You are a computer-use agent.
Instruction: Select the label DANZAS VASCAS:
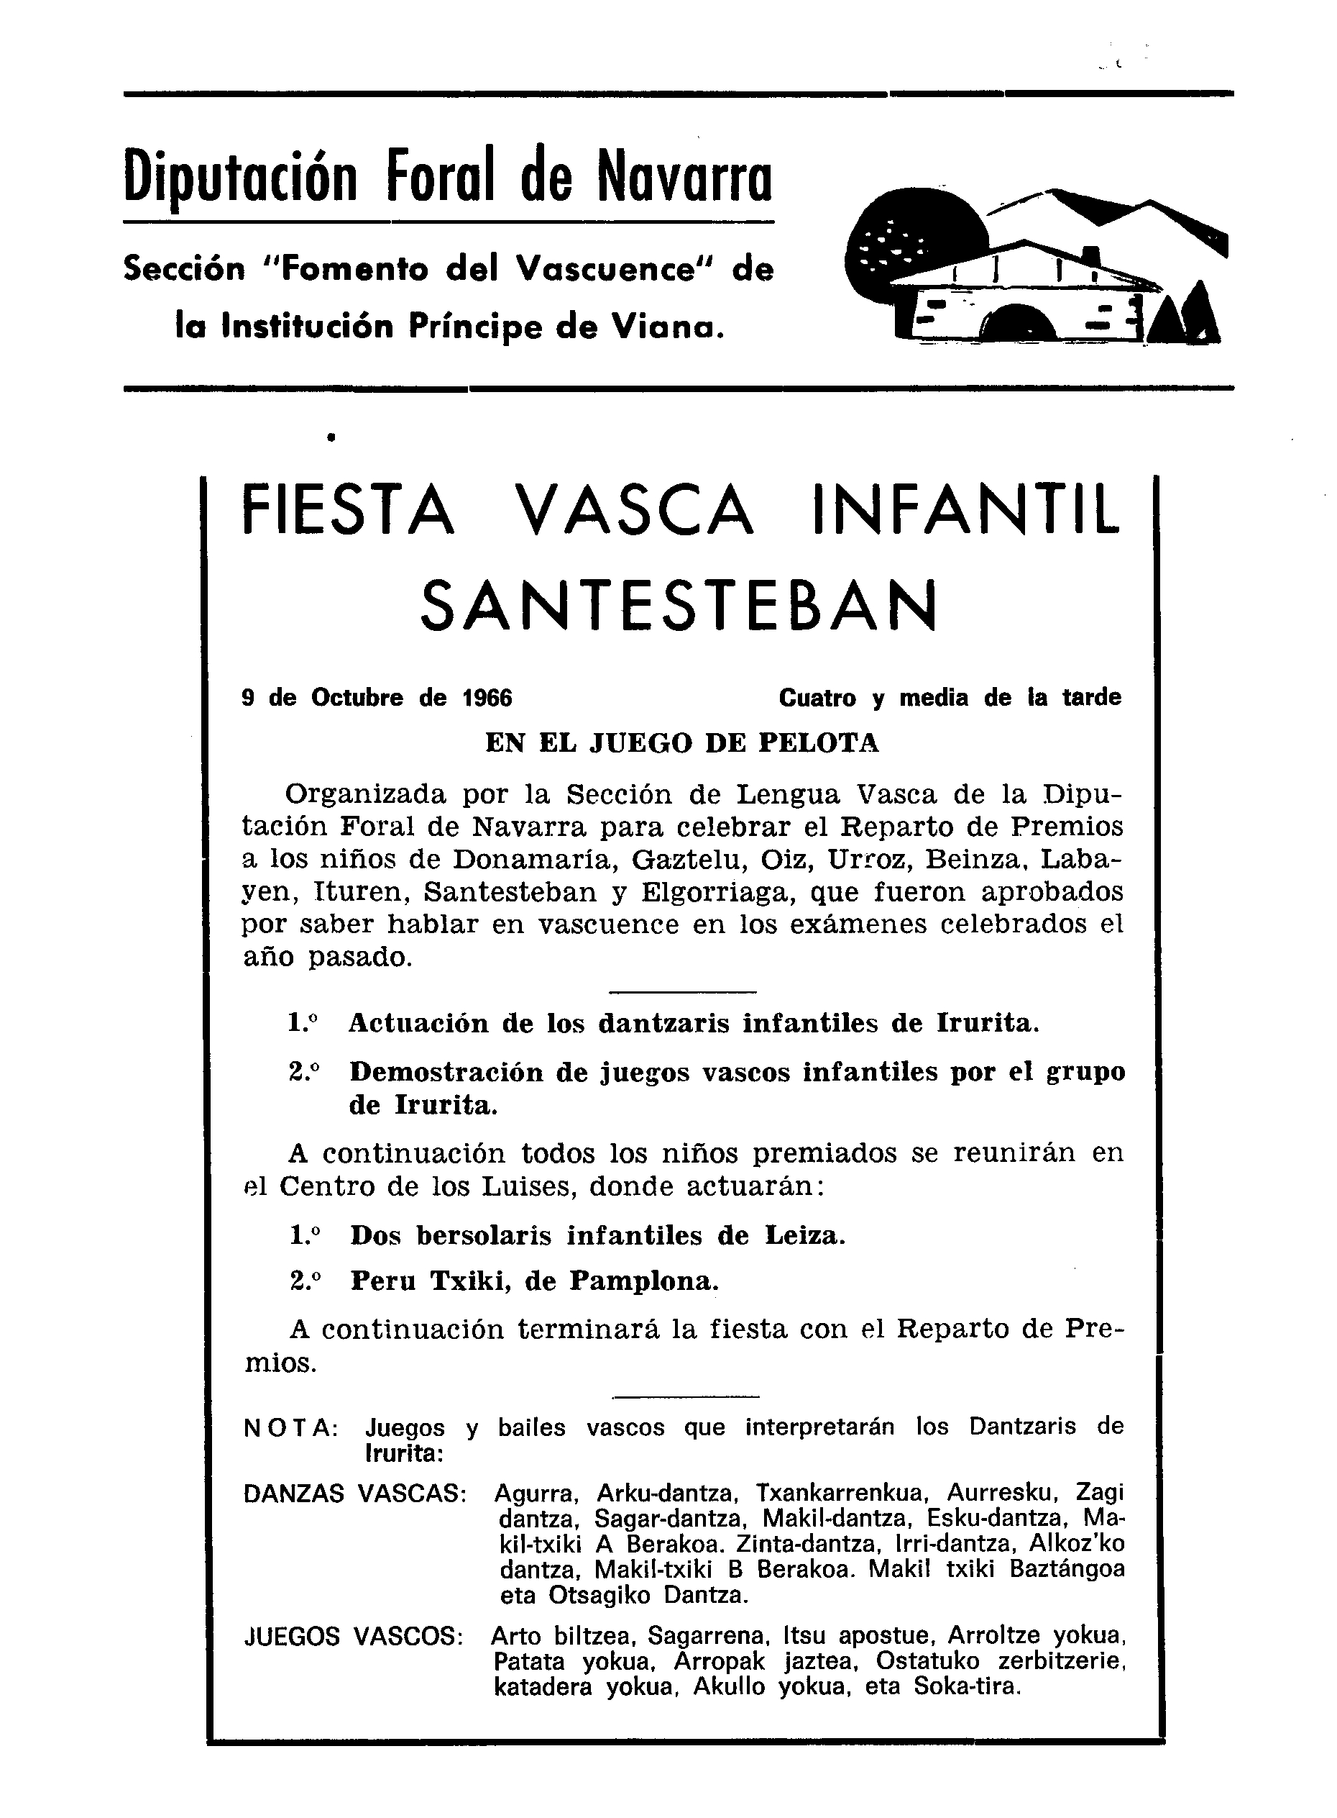coord(355,1494)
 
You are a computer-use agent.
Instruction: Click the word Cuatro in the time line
coord(817,698)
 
